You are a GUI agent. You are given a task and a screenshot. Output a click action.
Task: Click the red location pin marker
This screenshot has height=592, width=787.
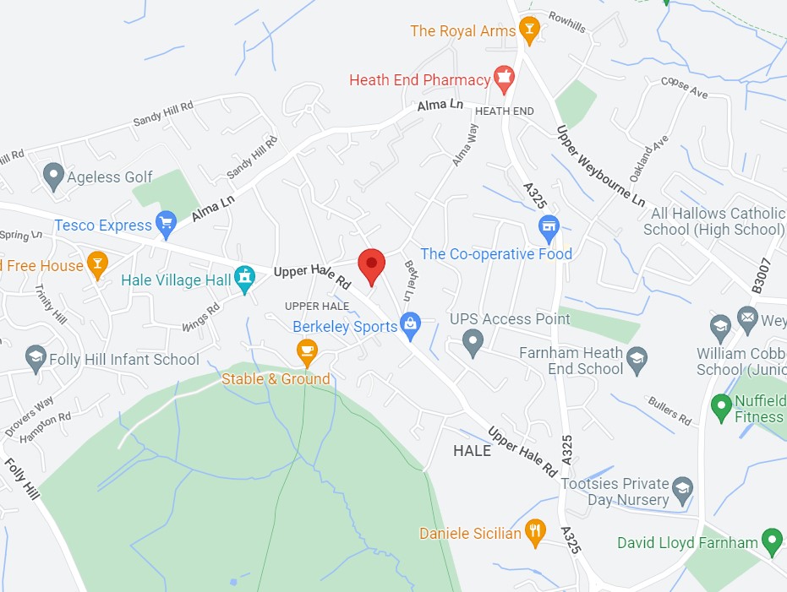click(x=371, y=265)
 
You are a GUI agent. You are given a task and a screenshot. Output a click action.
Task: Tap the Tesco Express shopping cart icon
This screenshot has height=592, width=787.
click(x=166, y=224)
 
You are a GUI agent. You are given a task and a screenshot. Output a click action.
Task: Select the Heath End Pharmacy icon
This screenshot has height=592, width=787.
click(x=505, y=79)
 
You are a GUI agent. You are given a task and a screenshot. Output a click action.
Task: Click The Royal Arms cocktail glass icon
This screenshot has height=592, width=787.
click(x=529, y=30)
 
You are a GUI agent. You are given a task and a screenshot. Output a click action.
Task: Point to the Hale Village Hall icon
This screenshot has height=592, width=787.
click(x=245, y=280)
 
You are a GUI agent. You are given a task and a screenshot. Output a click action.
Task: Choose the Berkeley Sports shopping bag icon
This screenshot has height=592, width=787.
click(x=411, y=324)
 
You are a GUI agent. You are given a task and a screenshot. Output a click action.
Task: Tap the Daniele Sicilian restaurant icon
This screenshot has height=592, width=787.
click(x=535, y=532)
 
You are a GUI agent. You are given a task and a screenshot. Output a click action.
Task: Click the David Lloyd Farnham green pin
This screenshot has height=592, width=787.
click(x=771, y=540)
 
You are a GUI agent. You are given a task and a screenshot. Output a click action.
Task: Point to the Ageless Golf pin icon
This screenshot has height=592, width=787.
click(x=53, y=176)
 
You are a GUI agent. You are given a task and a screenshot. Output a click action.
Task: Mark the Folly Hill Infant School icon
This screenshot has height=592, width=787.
click(x=36, y=358)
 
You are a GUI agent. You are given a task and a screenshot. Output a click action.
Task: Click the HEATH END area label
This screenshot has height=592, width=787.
click(x=505, y=111)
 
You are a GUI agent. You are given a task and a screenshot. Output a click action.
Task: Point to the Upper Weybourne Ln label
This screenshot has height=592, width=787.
click(x=600, y=166)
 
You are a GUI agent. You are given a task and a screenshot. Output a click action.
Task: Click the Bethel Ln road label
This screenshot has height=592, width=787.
click(x=411, y=280)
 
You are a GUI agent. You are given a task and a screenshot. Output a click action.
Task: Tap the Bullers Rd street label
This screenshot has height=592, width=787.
click(x=669, y=410)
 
